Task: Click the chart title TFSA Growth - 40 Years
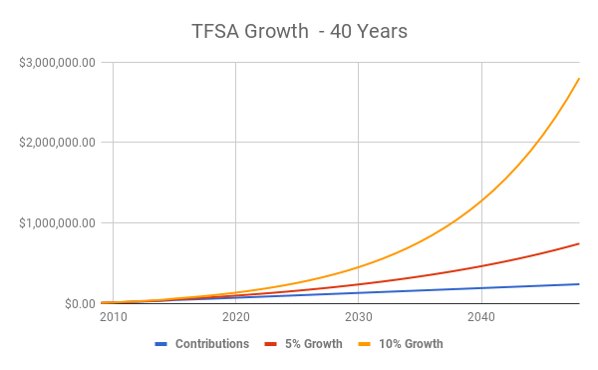point(299,31)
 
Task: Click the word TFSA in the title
point(215,31)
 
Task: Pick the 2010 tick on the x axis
point(113,318)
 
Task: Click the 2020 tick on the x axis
point(235,318)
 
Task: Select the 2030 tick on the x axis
point(358,318)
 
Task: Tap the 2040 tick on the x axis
point(481,318)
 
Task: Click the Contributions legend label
point(212,344)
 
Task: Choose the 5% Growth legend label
point(314,344)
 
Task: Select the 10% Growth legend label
point(411,344)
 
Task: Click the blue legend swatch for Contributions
point(161,344)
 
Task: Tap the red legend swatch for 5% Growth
point(270,344)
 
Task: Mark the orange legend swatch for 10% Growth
point(364,344)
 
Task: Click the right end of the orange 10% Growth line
point(579,78)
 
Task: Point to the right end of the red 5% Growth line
point(579,243)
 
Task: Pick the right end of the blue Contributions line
point(579,284)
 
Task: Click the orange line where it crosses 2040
point(481,200)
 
